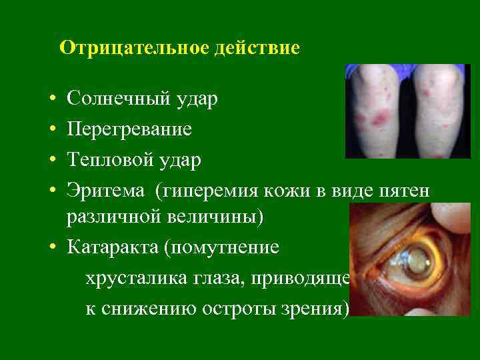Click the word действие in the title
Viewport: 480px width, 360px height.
(257, 49)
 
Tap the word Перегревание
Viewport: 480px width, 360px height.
(129, 129)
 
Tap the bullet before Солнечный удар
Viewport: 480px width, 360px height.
(52, 101)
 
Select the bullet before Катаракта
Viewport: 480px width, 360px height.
(52, 248)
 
